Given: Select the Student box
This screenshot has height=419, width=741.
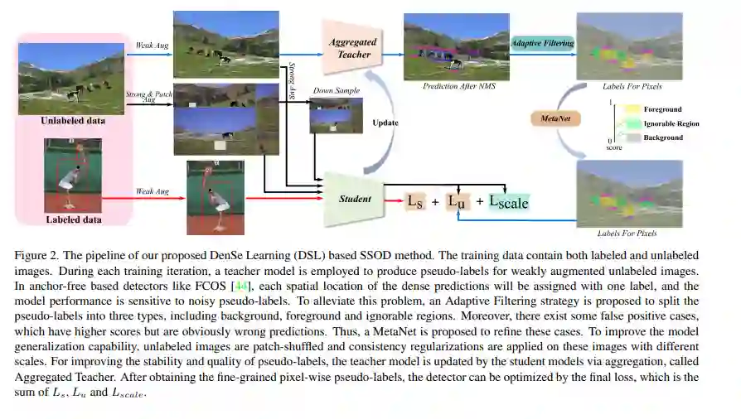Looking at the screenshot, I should click(355, 199).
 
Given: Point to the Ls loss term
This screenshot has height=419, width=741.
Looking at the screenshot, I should click(414, 200).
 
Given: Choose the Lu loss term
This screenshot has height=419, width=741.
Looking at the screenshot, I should click(458, 200).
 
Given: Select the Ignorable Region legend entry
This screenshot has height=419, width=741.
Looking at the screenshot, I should click(671, 123).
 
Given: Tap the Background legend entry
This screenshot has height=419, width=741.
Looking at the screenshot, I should click(663, 137).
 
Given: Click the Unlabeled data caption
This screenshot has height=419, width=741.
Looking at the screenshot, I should click(73, 121).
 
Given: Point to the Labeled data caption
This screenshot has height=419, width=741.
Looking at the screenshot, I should click(73, 219).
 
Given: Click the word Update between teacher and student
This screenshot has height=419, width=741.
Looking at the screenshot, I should click(385, 122).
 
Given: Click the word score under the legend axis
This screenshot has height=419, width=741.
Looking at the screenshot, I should click(614, 147).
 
